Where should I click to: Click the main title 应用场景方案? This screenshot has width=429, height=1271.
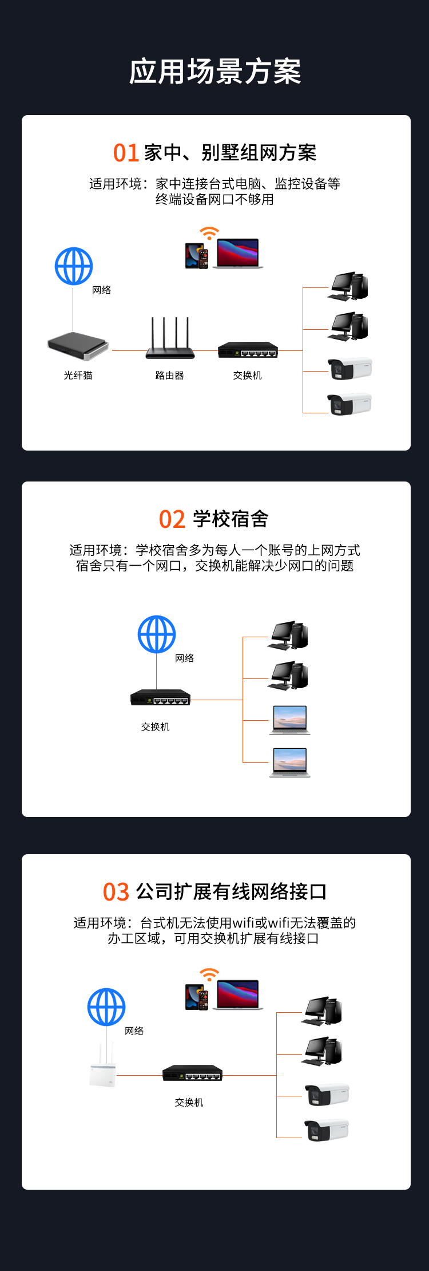click(214, 72)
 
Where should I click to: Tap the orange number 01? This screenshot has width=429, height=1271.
click(126, 153)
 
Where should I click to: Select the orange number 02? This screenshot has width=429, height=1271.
click(172, 519)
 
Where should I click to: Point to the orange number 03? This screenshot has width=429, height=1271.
click(116, 892)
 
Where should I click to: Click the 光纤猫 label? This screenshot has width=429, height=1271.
click(78, 376)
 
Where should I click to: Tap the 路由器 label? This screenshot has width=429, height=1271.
click(169, 376)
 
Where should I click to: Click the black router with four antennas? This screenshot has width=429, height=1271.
click(170, 341)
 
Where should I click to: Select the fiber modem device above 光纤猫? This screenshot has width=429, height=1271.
click(78, 346)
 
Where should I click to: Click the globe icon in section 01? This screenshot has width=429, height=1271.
click(74, 266)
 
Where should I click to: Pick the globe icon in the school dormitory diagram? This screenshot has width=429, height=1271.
click(157, 634)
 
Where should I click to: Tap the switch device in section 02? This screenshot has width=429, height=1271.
click(160, 698)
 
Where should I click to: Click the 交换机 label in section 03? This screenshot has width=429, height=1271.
click(189, 1102)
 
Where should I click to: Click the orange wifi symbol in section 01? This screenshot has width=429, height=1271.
click(209, 233)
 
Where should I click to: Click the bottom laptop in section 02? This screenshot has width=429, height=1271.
click(290, 762)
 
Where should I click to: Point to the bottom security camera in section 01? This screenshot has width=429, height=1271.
click(349, 404)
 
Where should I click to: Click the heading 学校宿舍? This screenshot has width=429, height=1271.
click(231, 519)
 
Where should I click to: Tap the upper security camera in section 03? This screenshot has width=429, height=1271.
click(326, 1095)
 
